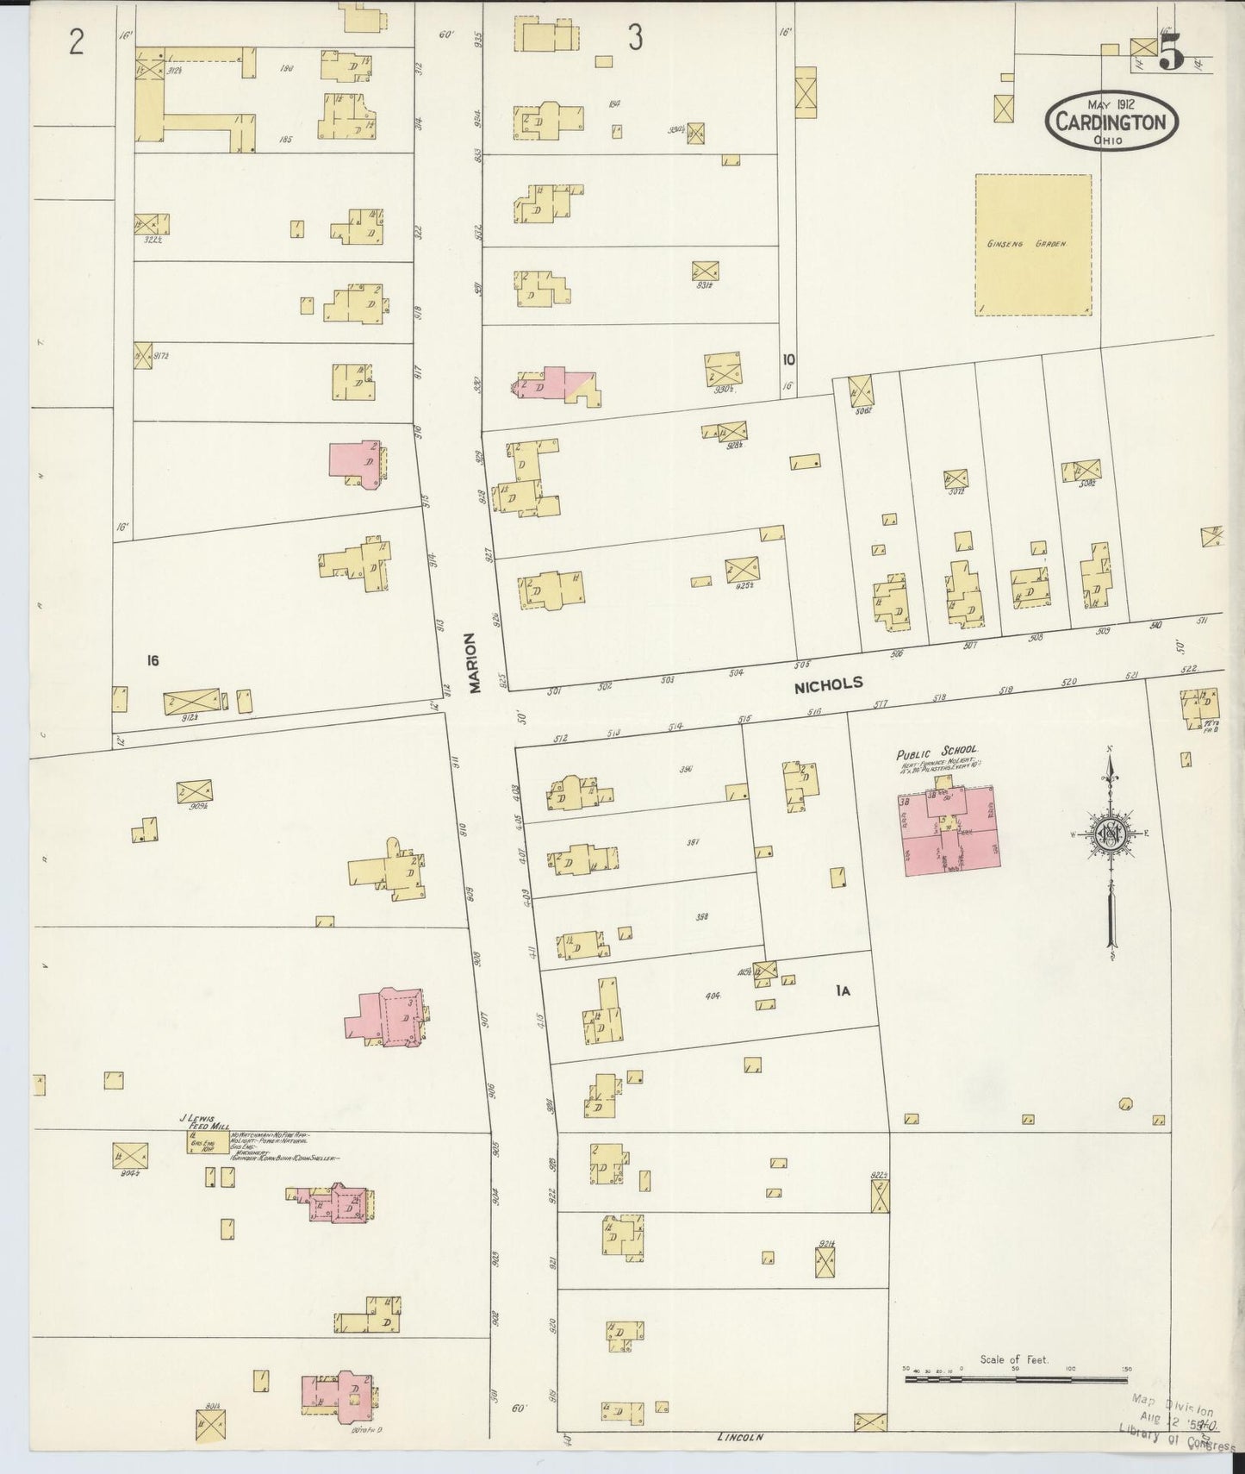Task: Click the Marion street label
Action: click(470, 664)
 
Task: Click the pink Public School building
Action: click(951, 831)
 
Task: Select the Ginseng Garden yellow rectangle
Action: click(1033, 245)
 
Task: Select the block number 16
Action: click(153, 661)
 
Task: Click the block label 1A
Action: click(843, 991)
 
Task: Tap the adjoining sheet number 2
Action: click(77, 42)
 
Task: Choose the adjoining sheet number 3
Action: click(635, 39)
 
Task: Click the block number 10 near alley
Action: click(788, 360)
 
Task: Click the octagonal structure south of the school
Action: click(1124, 1103)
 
